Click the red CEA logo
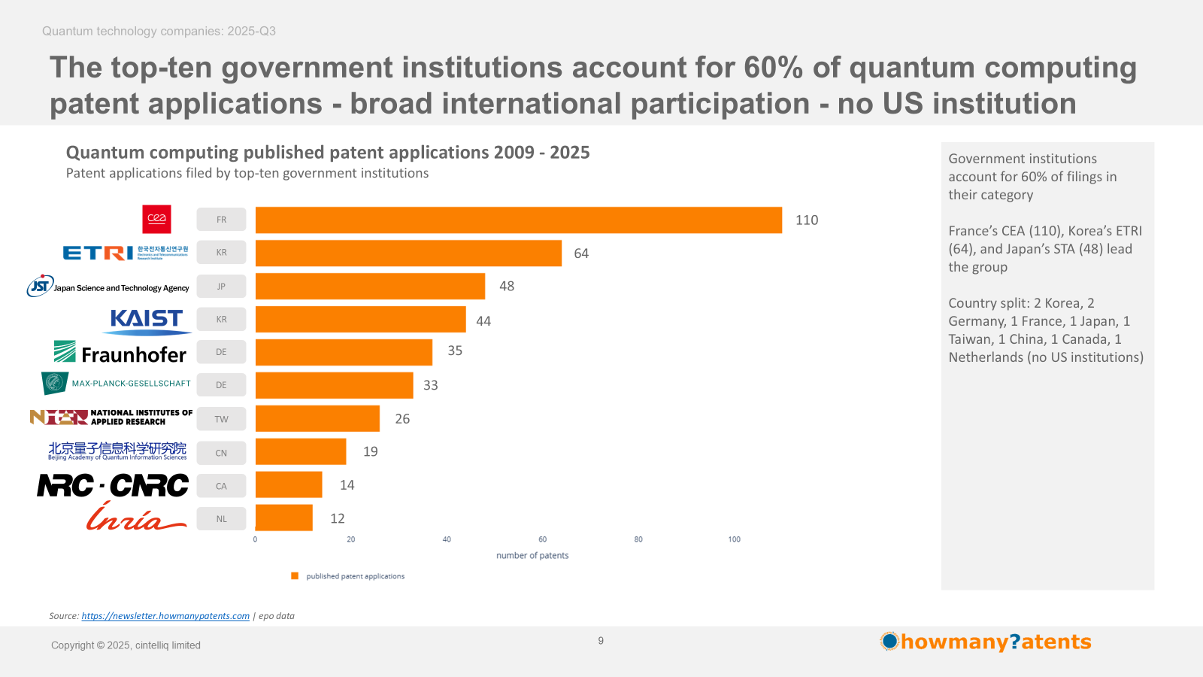point(156,219)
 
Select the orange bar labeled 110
point(518,220)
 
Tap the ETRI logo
point(125,253)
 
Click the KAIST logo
point(147,320)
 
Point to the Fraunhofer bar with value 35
point(344,352)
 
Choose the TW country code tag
point(221,419)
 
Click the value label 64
point(581,253)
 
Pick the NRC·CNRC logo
point(114,486)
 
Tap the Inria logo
point(135,518)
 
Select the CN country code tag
point(221,453)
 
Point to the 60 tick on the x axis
point(542,539)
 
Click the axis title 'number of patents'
point(532,556)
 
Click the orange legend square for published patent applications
point(295,576)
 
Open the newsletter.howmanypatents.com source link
point(165,616)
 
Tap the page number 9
point(601,641)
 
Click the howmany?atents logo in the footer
point(986,642)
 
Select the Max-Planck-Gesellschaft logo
point(117,384)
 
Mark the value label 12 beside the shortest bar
point(338,518)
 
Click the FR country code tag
point(221,220)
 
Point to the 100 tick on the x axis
point(734,539)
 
